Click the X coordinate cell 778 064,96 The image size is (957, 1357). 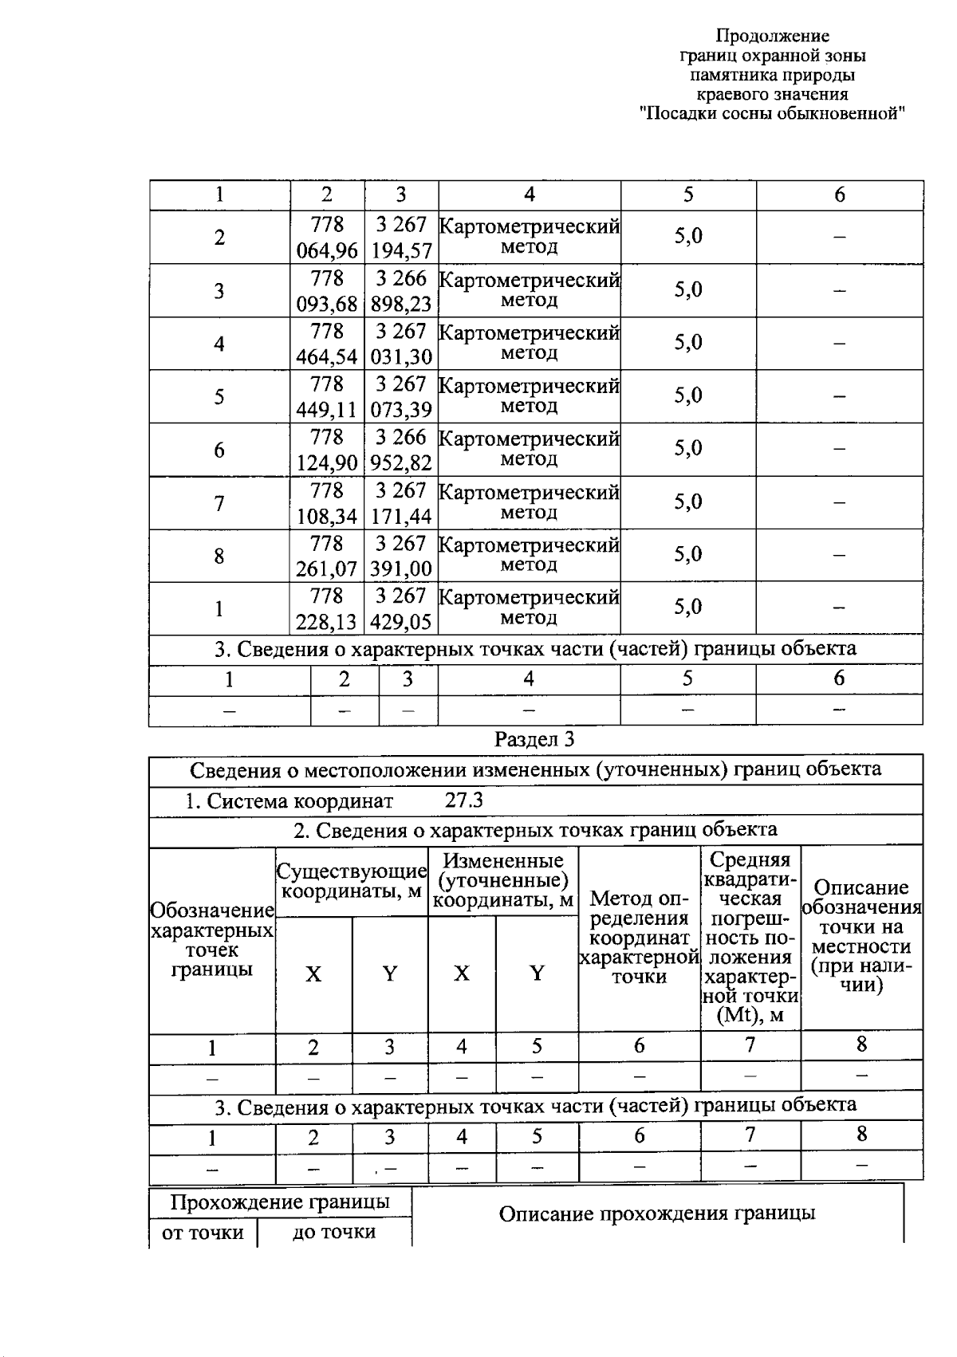[327, 238]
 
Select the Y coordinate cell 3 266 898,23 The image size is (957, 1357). [401, 291]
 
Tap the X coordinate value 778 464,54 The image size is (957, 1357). [327, 344]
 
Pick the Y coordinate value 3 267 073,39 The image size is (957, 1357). [401, 397]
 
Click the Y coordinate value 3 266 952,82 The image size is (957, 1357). [401, 450]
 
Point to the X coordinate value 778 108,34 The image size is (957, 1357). [327, 503]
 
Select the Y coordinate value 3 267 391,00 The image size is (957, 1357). [401, 556]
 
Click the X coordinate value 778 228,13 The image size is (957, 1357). [327, 608]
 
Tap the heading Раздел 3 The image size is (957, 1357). [534, 739]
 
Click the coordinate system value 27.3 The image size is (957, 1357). [463, 800]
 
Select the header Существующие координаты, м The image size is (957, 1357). [352, 881]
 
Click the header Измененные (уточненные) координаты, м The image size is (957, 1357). [503, 880]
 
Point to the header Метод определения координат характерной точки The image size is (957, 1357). [639, 938]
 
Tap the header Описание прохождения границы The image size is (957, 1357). [657, 1213]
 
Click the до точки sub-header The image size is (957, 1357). [334, 1232]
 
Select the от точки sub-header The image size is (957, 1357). [203, 1233]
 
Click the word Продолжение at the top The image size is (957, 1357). [772, 36]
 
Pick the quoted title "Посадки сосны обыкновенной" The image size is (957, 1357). [772, 113]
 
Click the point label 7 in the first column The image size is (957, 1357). [219, 503]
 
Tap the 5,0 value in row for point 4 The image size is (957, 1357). [688, 343]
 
